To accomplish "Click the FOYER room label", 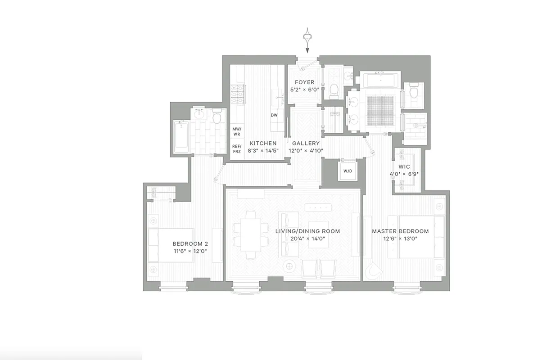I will tap(304, 82).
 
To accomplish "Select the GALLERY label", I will tap(305, 144).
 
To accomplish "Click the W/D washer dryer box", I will tap(348, 171).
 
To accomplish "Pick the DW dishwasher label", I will tap(274, 115).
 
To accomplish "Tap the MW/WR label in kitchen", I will tap(237, 132).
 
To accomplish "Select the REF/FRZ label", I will tap(237, 149).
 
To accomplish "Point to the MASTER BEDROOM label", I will tap(400, 231).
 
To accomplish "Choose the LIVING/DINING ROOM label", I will tap(307, 231).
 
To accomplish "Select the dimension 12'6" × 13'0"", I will tap(400, 239).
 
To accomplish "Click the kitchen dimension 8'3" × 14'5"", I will tap(263, 151).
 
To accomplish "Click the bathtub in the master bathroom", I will tap(381, 81).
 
